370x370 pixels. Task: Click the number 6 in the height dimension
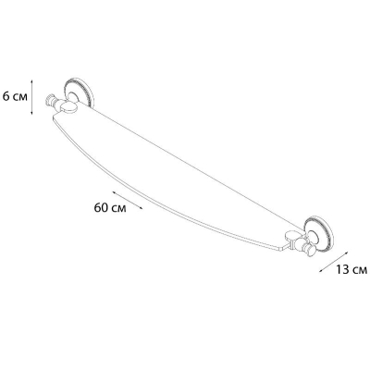coord(6,97)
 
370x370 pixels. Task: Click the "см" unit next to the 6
coord(20,98)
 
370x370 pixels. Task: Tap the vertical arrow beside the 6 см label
coord(31,97)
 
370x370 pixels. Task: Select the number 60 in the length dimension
coord(101,208)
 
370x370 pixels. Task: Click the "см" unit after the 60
coord(118,209)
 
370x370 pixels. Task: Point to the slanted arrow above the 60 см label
coord(128,200)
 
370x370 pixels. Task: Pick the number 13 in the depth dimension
coord(342,269)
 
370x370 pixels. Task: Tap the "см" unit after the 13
coord(360,271)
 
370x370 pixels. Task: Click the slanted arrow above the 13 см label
coord(334,261)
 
